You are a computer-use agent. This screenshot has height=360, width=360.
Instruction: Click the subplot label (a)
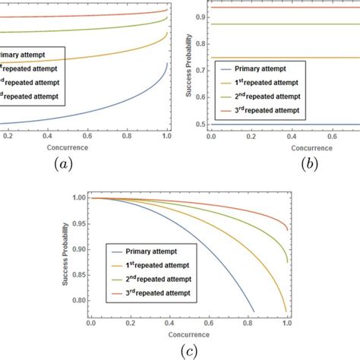(60, 164)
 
